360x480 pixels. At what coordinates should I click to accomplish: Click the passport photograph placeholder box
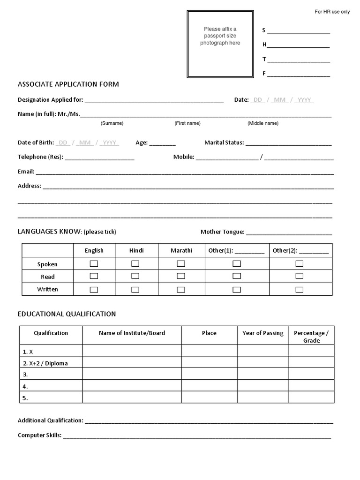[x=220, y=44]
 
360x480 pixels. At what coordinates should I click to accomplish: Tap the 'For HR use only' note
[x=332, y=12]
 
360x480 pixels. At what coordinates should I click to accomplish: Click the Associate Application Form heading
[x=68, y=84]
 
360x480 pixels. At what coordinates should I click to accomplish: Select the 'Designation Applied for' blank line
[x=154, y=100]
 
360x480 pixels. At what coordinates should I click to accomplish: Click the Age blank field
[x=163, y=143]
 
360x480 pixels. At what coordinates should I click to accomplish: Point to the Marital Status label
[x=224, y=142]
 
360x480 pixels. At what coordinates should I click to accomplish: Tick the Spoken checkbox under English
[x=94, y=263]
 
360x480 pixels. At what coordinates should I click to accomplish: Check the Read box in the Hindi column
[x=135, y=276]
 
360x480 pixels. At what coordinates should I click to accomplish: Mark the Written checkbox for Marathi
[x=181, y=289]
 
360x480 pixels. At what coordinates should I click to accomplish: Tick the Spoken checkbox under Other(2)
[x=300, y=263]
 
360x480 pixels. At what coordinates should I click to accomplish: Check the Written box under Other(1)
[x=237, y=289]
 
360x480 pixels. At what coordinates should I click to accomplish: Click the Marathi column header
[x=181, y=250]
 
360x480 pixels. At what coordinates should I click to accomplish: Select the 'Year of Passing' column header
[x=262, y=333]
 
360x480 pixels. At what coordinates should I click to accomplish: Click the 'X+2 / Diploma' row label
[x=45, y=363]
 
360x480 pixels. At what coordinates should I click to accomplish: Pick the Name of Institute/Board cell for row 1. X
[x=132, y=351]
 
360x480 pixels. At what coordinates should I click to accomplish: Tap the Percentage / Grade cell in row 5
[x=311, y=397]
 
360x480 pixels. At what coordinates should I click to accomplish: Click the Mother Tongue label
[x=222, y=232]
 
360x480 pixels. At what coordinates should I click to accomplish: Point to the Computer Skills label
[x=39, y=435]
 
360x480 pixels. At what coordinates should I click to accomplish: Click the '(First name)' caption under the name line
[x=187, y=123]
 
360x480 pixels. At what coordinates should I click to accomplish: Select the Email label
[x=26, y=172]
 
